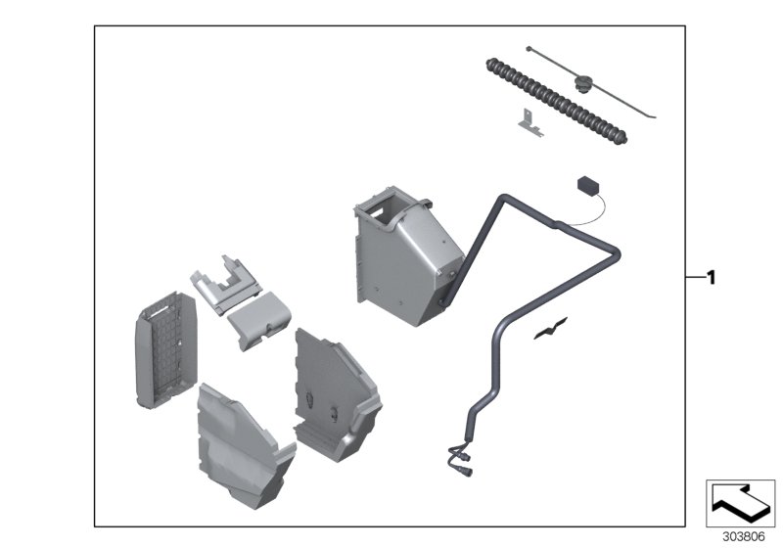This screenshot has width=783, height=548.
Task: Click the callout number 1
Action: (x=712, y=278)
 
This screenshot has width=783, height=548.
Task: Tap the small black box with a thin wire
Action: (x=587, y=186)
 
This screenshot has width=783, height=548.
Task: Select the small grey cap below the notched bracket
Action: (x=257, y=319)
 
